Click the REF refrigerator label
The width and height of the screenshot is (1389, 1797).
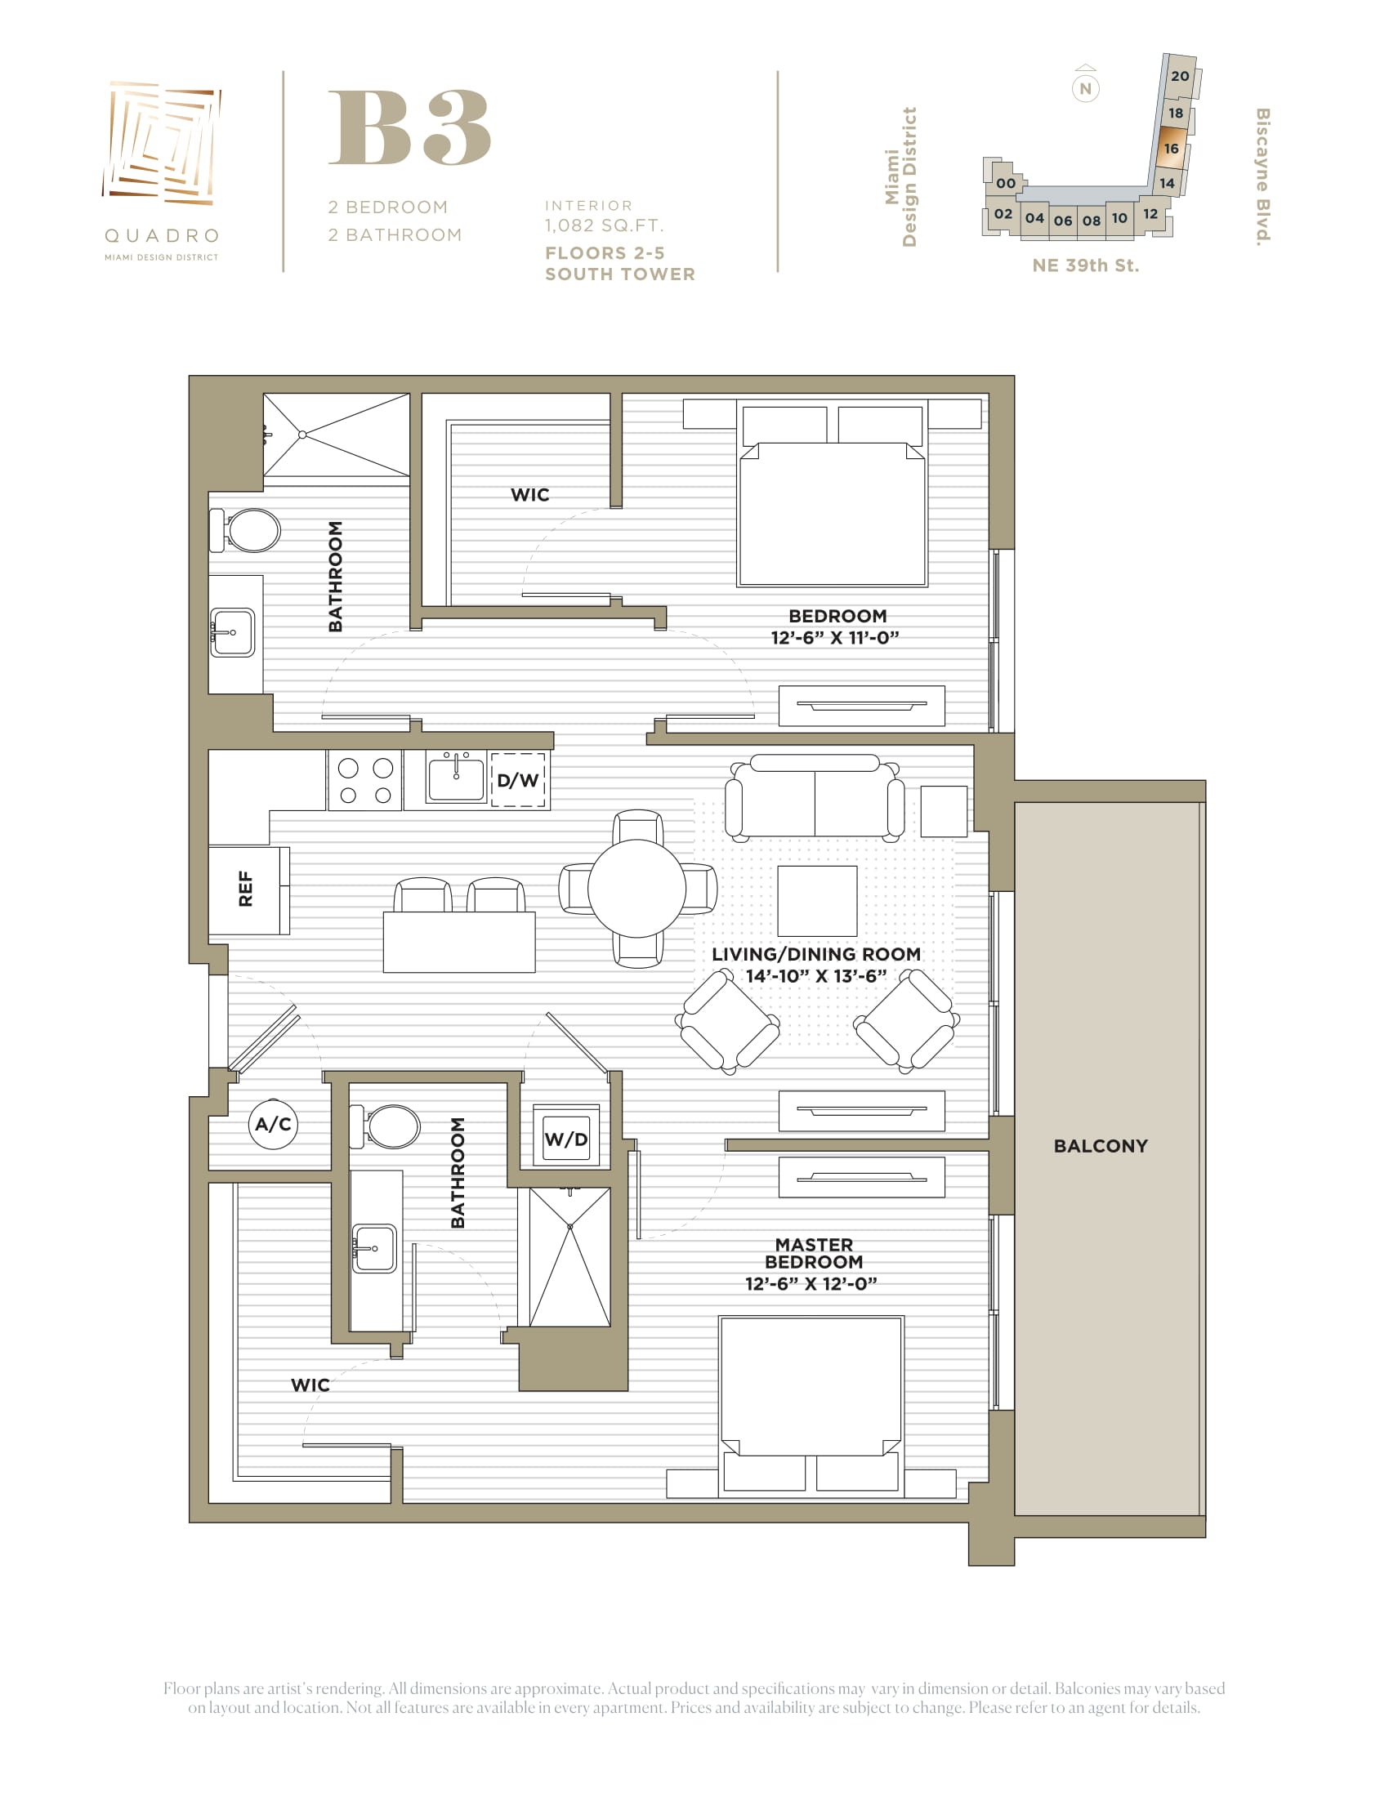click(245, 890)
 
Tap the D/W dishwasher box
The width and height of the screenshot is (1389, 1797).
click(518, 780)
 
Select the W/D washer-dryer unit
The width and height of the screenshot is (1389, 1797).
click(566, 1136)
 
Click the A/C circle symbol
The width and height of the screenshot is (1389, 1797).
click(273, 1124)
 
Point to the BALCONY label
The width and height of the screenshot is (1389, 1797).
click(1101, 1146)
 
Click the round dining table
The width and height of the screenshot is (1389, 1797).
click(637, 889)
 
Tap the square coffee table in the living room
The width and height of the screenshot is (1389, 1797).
click(817, 901)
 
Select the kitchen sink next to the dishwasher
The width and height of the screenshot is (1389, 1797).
click(456, 778)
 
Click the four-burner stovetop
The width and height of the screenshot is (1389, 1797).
click(365, 780)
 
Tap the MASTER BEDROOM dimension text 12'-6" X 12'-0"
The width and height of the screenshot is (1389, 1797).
click(811, 1283)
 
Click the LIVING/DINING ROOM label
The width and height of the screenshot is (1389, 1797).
click(816, 954)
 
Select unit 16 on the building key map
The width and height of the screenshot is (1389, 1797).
click(1172, 149)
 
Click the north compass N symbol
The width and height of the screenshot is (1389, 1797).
click(1085, 88)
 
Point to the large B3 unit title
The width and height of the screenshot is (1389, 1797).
click(410, 127)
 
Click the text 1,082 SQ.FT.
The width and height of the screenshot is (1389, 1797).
click(604, 225)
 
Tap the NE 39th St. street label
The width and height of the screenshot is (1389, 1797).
click(1085, 265)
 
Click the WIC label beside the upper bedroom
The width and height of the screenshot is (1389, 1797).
click(530, 494)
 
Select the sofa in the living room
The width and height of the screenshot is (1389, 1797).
click(815, 796)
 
